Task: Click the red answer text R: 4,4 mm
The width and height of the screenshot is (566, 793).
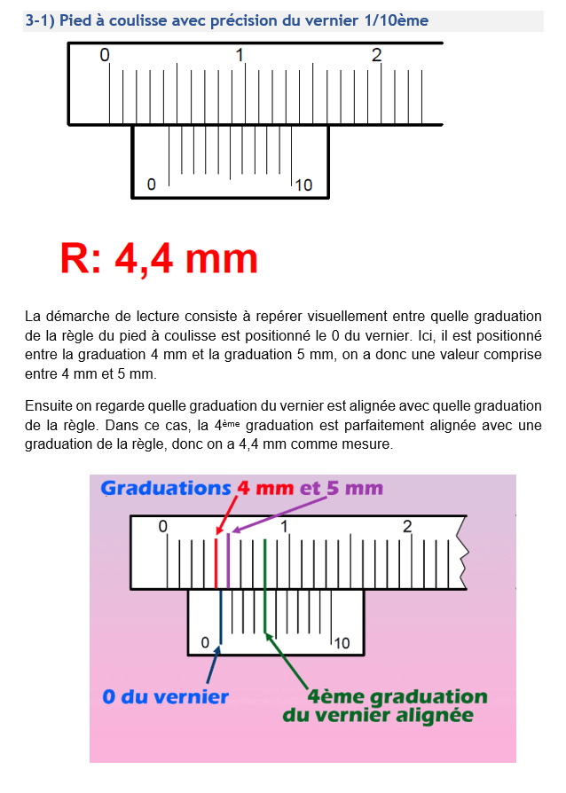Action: pos(159,258)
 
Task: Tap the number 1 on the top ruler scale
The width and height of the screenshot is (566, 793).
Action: pos(240,55)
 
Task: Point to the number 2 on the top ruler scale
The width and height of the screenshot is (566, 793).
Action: pos(377,55)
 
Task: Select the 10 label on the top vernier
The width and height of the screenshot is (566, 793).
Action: pos(303,185)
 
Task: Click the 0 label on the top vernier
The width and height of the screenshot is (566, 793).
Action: pos(152,185)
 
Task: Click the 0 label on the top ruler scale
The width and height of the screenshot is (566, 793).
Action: pos(105,55)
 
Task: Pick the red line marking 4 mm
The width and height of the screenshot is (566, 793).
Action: pos(216,562)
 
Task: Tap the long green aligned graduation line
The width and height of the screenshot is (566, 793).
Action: pos(265,585)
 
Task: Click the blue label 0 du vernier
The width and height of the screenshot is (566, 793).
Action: pos(165,696)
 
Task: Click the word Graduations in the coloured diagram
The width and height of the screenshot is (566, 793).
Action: pos(166,488)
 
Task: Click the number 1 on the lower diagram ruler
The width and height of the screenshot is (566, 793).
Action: pos(286,527)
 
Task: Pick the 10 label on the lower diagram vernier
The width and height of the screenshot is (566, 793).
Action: pos(342,643)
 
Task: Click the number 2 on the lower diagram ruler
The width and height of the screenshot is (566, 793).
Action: pos(407,527)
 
